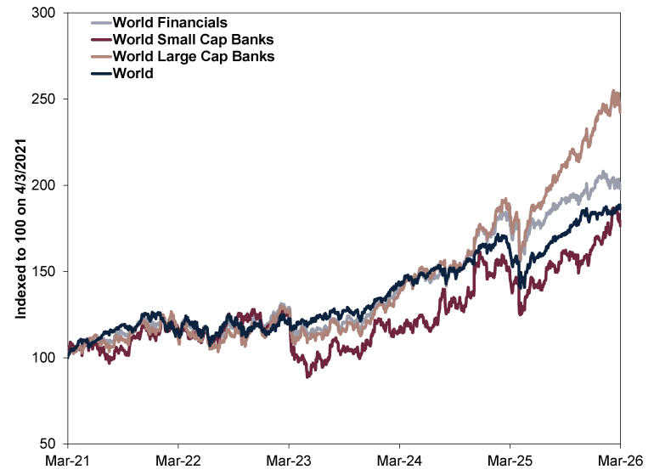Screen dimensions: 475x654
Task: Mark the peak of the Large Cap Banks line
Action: point(614,91)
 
